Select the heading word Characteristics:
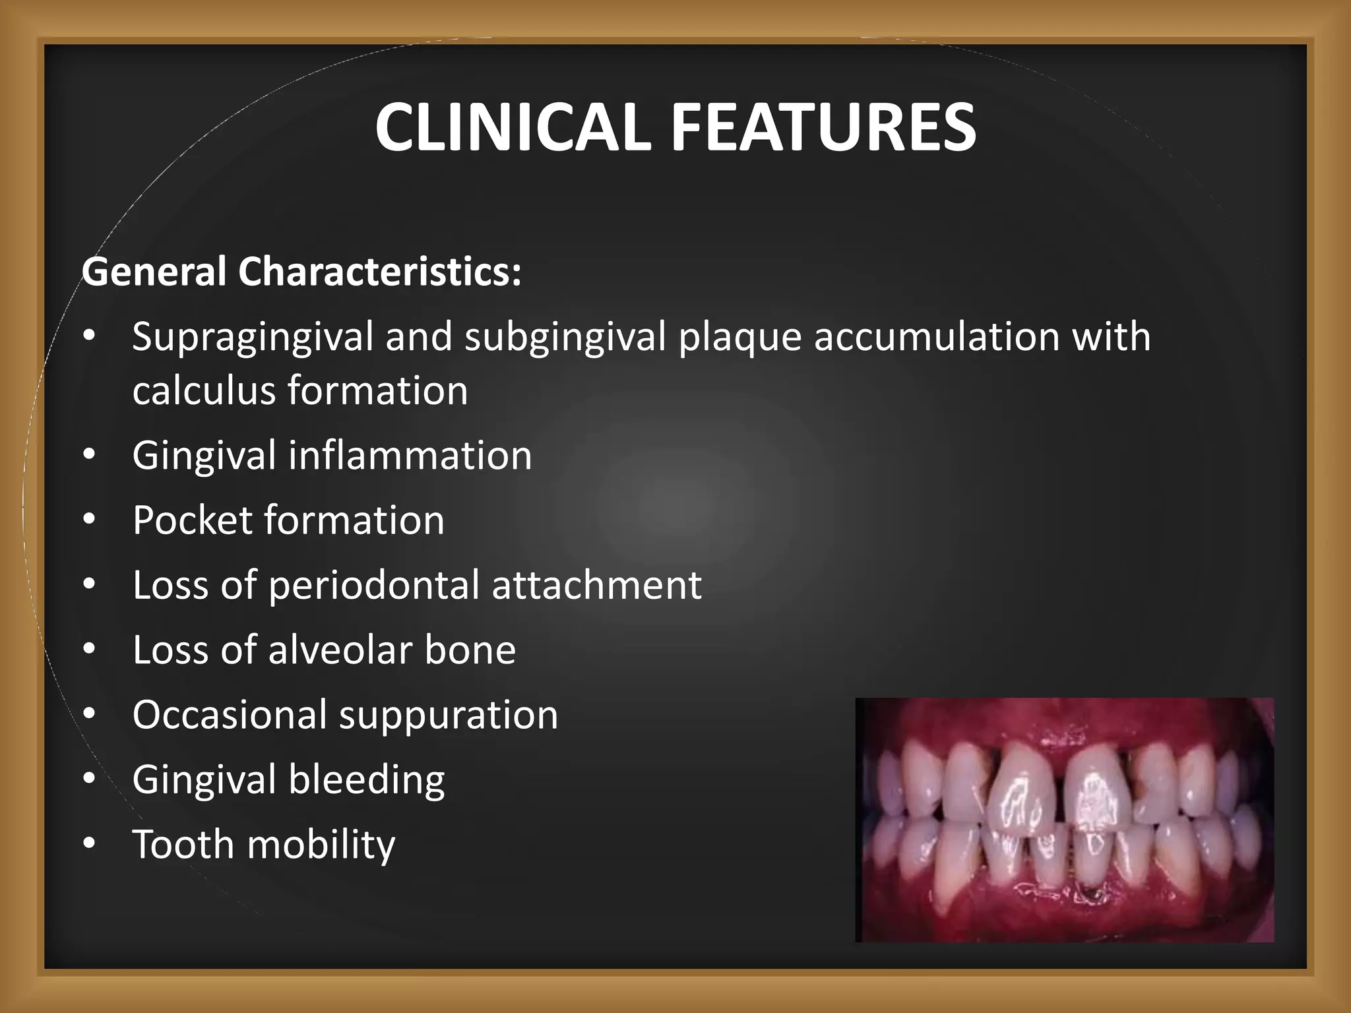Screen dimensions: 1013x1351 380,272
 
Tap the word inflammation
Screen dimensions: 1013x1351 410,455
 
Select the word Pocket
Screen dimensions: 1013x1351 192,520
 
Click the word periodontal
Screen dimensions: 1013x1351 374,585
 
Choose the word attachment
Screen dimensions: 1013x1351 596,585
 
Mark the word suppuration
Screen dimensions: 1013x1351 449,715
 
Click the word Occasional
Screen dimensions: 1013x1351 230,715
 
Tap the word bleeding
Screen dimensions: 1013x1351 367,780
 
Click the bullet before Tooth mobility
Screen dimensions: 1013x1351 90,844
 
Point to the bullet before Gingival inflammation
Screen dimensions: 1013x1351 90,455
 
